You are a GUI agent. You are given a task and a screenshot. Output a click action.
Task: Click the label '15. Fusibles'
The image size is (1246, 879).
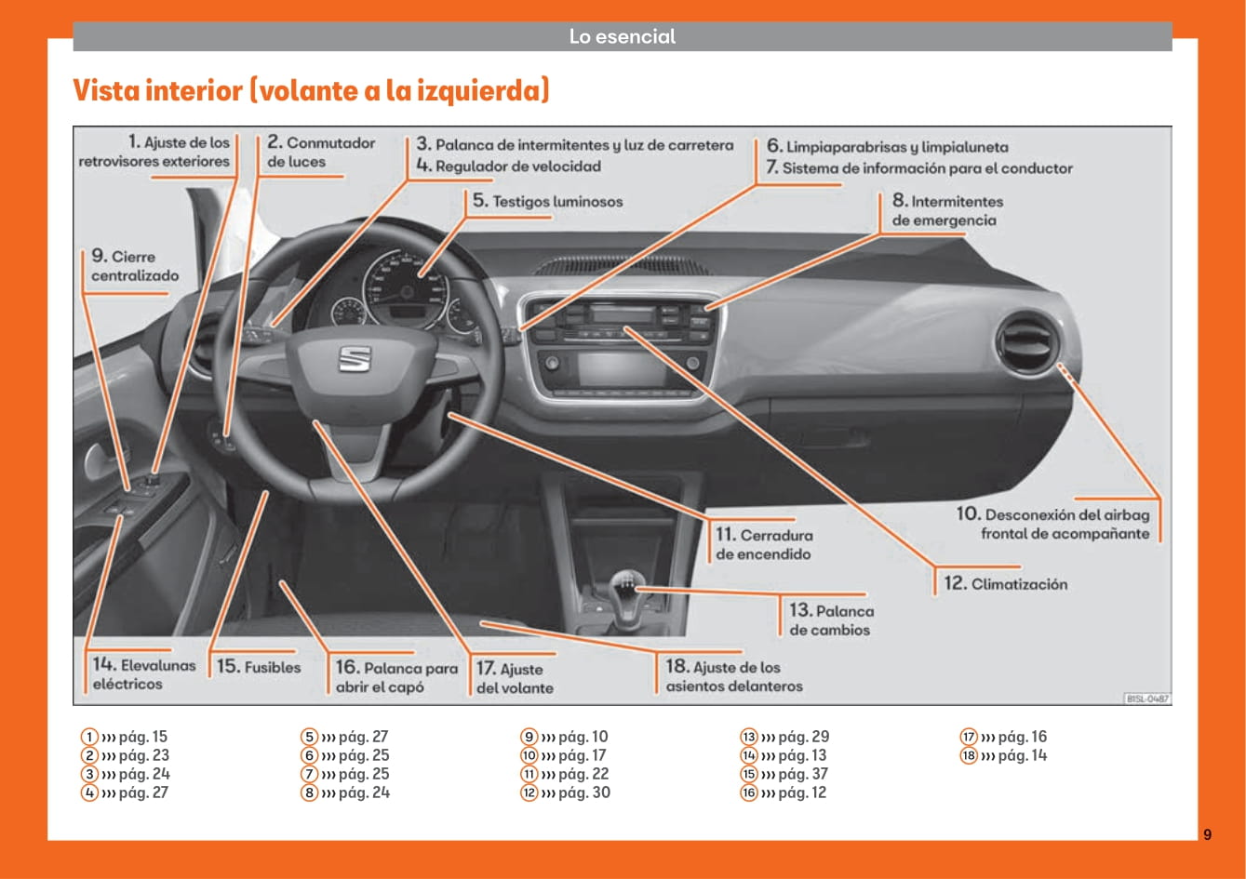pos(259,667)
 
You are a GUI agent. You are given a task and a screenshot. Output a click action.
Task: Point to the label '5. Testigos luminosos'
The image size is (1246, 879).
pos(547,201)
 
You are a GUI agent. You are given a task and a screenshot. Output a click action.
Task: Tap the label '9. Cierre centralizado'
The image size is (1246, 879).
pos(135,266)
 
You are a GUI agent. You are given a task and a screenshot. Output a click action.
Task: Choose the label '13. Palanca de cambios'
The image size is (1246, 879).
pos(831,620)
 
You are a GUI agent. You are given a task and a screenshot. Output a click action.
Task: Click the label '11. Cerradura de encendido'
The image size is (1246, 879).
pos(764,545)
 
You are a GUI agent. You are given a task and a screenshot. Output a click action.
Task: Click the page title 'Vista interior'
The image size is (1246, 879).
pos(311,91)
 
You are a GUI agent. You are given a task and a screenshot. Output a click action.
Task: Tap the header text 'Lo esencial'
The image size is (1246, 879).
pos(623,37)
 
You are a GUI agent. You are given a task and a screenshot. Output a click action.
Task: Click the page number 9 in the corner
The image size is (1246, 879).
pos(1207,834)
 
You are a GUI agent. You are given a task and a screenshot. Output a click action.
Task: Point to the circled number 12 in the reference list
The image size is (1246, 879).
pos(529,792)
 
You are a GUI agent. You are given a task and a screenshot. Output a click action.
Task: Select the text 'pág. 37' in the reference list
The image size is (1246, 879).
pos(803,774)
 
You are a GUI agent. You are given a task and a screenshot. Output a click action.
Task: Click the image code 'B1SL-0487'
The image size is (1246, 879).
pos(1146,698)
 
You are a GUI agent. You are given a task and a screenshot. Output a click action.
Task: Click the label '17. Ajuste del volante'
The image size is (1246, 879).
pos(515,678)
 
